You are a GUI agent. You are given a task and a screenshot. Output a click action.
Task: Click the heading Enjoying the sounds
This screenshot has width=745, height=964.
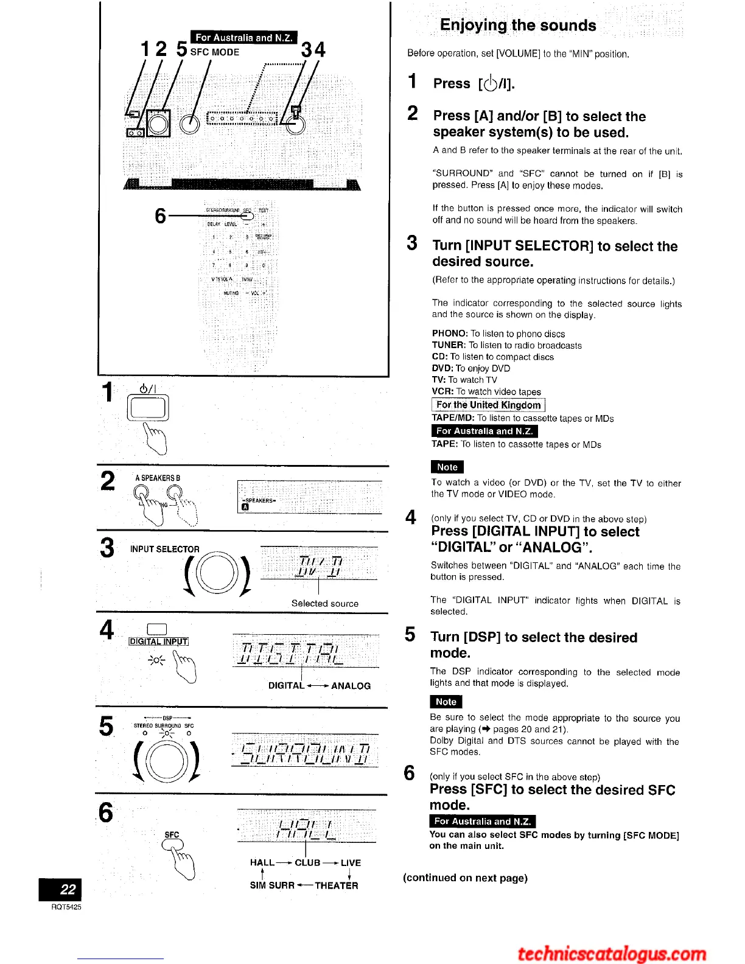[x=517, y=26]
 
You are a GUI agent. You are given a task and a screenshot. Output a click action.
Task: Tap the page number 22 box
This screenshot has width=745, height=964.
[x=60, y=889]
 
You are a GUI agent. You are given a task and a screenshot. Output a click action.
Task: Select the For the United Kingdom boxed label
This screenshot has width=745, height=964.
[x=488, y=405]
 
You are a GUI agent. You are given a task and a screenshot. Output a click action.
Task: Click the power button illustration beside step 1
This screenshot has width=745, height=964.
[x=148, y=408]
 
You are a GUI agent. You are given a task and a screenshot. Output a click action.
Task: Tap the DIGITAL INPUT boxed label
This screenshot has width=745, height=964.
[x=158, y=641]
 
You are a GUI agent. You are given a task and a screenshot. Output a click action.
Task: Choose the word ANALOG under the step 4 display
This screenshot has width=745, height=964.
[x=351, y=686]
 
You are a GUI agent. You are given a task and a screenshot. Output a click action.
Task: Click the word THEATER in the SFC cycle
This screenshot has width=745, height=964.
[x=336, y=885]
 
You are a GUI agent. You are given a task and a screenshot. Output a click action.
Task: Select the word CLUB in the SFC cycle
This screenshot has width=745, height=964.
[x=307, y=862]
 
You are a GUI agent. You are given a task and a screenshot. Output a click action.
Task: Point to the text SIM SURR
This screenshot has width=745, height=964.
[x=272, y=885]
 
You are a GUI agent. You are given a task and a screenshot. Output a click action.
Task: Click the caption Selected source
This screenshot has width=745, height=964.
[x=324, y=603]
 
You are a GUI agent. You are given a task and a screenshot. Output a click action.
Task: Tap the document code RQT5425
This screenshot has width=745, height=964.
[x=66, y=907]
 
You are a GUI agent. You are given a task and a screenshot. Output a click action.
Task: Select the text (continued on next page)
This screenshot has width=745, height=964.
[x=465, y=878]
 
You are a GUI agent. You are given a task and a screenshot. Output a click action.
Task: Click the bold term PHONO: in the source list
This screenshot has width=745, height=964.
[x=450, y=334]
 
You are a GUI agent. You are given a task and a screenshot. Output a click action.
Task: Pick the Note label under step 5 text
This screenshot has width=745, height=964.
[x=446, y=702]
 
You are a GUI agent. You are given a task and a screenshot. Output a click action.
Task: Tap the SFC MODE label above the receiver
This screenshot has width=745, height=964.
[x=215, y=52]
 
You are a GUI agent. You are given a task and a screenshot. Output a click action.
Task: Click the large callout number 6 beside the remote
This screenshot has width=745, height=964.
[x=160, y=215]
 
